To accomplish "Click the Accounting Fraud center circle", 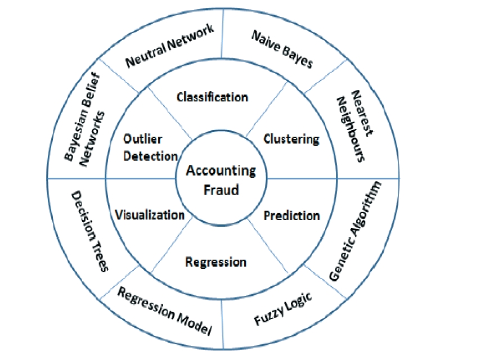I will point(221,180).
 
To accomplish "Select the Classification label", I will point(212,97).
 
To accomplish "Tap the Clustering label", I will point(291,138).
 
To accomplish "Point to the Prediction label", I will point(292,215).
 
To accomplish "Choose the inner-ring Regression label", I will point(215,262).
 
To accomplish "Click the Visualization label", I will point(150,215).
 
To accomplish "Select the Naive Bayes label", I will point(281,49).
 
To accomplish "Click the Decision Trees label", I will point(89,231).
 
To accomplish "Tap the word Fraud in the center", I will point(221,190).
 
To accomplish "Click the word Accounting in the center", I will point(221,170).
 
